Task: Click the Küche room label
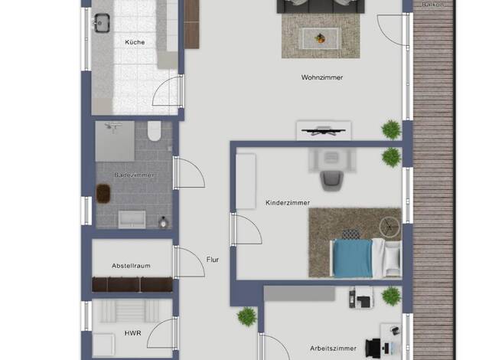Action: (135, 42)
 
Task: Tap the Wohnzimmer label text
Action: (322, 77)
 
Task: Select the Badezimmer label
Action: (134, 175)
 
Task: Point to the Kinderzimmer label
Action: (288, 203)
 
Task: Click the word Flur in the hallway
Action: (213, 260)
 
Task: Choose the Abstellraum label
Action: (131, 266)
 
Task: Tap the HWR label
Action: (133, 333)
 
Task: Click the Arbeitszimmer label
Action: (333, 349)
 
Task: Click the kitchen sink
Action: (102, 23)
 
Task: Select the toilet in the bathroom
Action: (155, 131)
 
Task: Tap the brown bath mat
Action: (103, 193)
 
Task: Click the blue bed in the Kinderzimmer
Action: (353, 258)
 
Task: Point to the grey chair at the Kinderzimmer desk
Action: (332, 181)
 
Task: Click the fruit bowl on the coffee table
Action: (320, 38)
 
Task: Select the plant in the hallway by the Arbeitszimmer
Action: (247, 316)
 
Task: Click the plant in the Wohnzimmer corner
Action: (391, 129)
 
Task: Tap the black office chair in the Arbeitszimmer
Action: (373, 348)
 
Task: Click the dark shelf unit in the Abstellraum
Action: (132, 284)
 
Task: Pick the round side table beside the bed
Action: (389, 227)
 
